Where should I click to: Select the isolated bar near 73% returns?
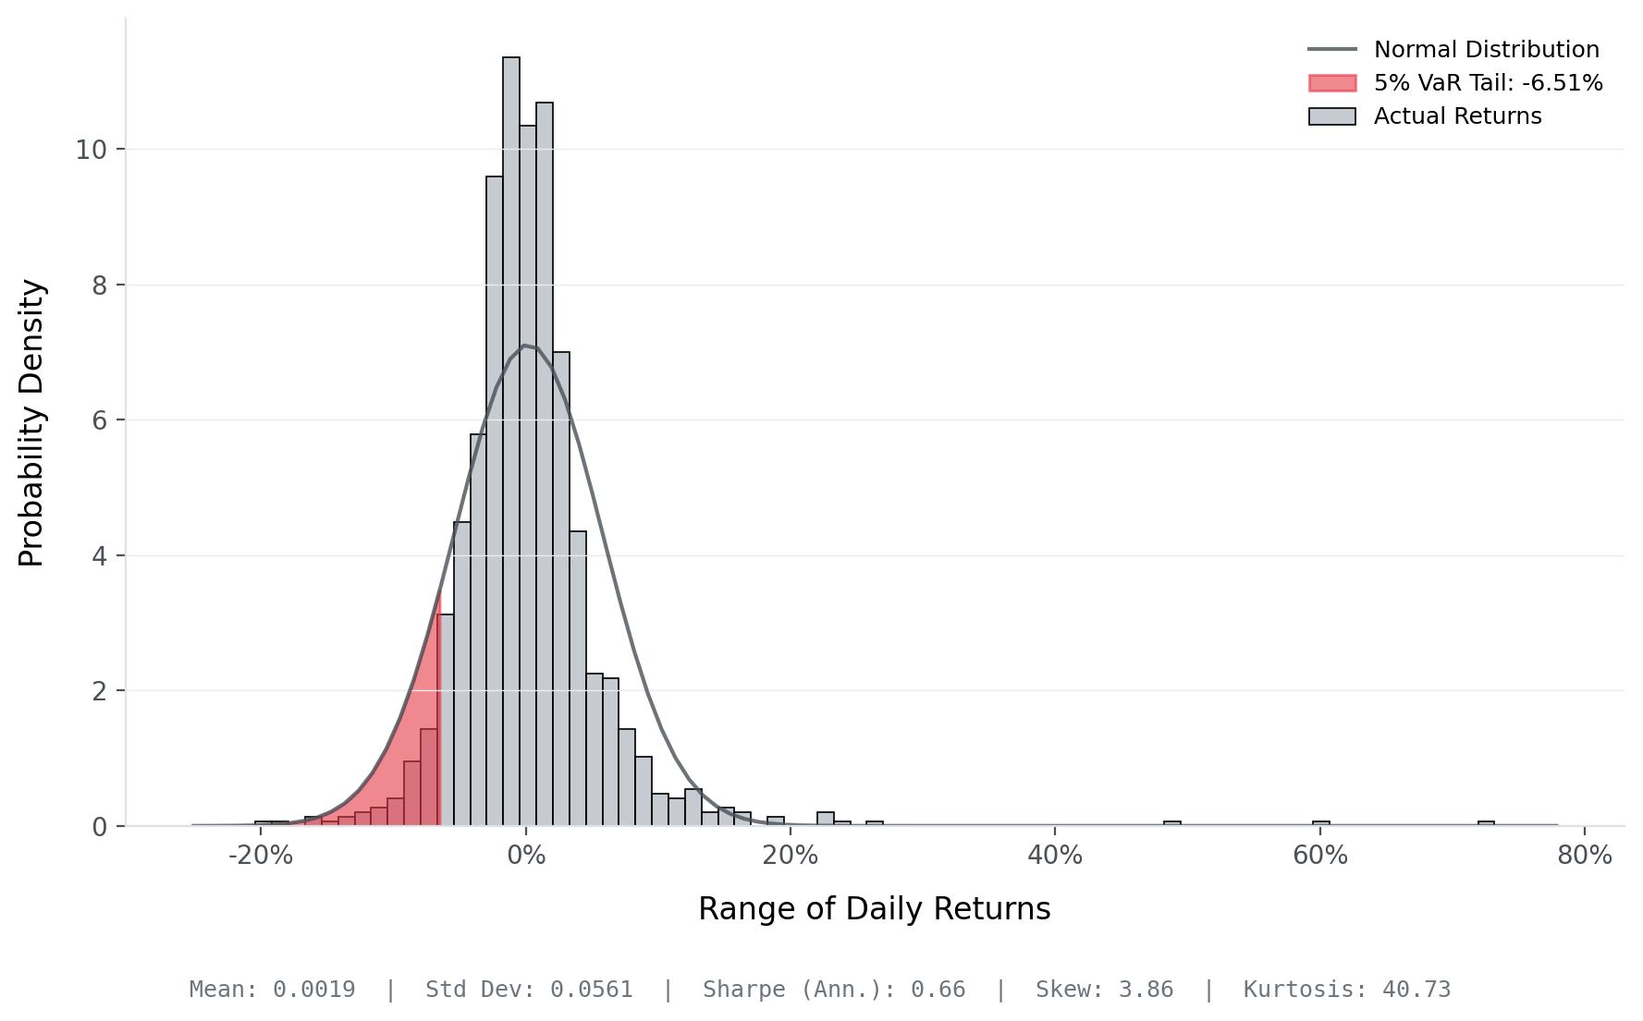point(1486,823)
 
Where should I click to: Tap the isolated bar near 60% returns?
point(1321,823)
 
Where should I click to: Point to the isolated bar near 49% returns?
point(1172,823)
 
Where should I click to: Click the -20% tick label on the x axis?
point(260,856)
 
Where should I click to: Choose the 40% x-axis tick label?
point(1055,856)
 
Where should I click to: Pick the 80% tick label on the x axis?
point(1584,856)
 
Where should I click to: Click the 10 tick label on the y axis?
point(91,150)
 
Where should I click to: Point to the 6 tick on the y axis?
point(100,420)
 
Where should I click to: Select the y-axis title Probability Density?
point(31,423)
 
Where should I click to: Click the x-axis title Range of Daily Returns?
point(874,909)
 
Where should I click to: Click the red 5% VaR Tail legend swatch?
point(1332,83)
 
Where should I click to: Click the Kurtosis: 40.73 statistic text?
point(1346,990)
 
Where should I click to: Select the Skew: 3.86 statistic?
point(1104,990)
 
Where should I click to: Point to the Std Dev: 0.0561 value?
point(529,990)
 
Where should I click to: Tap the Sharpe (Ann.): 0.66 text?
point(834,990)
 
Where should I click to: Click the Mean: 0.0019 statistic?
point(272,990)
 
